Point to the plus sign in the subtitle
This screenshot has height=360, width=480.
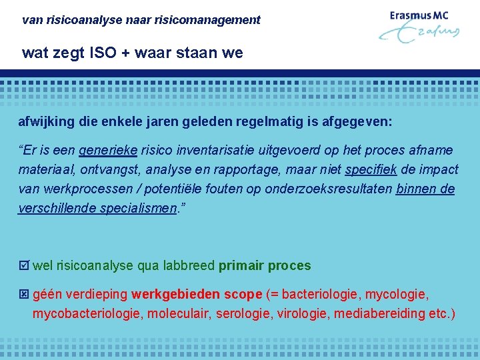[127, 53]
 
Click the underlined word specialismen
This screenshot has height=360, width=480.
[139, 208]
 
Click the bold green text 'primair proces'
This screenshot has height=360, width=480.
[265, 266]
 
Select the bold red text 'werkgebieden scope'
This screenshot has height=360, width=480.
[197, 294]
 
